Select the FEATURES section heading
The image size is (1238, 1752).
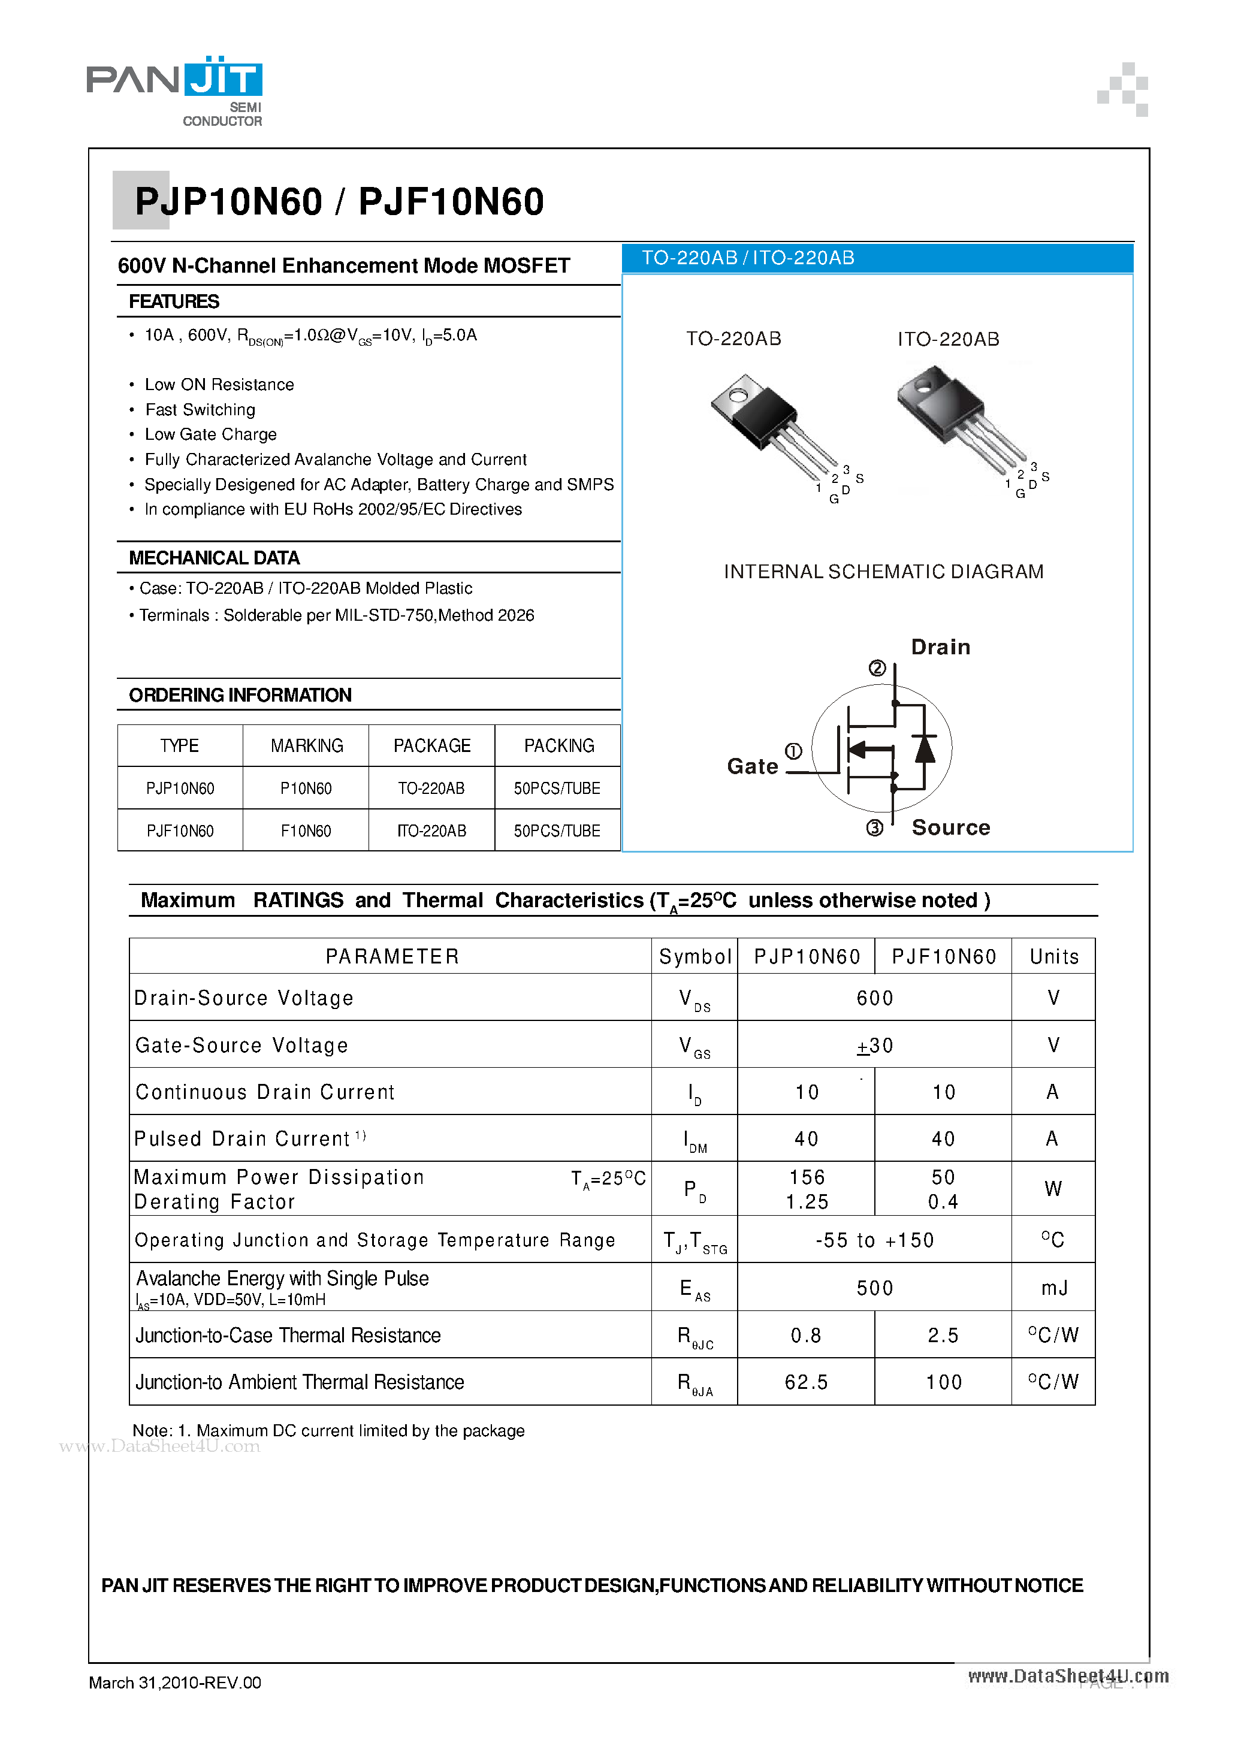tap(174, 301)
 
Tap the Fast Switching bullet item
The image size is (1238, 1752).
tap(200, 410)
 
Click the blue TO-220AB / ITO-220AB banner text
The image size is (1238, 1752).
tap(747, 258)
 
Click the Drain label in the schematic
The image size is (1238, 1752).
tap(940, 647)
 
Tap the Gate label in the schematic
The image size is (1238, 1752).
tap(752, 766)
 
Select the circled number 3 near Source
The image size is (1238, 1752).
tap(875, 828)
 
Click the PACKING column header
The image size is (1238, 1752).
tap(558, 745)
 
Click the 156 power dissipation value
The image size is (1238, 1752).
tap(807, 1177)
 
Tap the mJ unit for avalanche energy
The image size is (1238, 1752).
tap(1053, 1288)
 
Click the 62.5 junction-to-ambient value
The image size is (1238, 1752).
tap(806, 1382)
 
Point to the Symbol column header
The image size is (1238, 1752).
tap(695, 957)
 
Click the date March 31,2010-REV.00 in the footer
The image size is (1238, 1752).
tap(175, 1682)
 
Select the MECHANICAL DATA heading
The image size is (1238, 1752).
tap(215, 558)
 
